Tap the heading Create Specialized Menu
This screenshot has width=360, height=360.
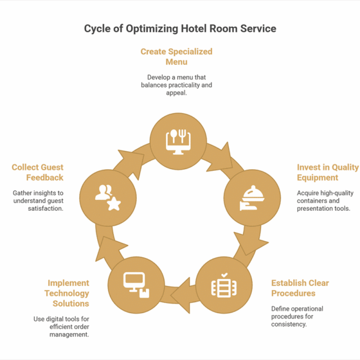tap(176, 57)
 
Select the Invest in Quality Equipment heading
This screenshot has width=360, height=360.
tap(328, 172)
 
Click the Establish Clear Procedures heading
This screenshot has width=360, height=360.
tap(300, 288)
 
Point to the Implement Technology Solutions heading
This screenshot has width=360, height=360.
tap(67, 293)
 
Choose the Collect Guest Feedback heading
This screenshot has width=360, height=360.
tap(37, 172)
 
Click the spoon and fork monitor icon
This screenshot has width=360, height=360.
tap(178, 142)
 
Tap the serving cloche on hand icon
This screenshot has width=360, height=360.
tap(252, 198)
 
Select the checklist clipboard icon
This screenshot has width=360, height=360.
tap(224, 285)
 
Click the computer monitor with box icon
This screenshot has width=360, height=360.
tap(136, 285)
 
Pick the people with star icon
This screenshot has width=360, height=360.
tap(108, 198)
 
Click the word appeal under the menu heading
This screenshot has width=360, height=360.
tap(176, 93)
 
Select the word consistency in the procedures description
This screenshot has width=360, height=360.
tap(289, 325)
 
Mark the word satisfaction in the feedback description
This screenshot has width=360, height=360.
tap(46, 208)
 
